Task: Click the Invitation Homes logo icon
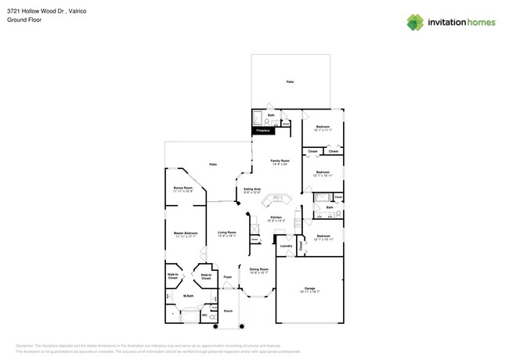click(415, 22)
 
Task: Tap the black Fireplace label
click(263, 131)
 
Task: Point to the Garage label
click(309, 289)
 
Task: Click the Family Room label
click(280, 160)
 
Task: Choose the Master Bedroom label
click(185, 233)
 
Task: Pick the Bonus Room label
click(182, 188)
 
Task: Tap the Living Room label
click(227, 232)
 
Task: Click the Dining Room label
click(258, 270)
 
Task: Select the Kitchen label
click(276, 218)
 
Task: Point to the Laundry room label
click(286, 246)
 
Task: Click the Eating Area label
click(252, 189)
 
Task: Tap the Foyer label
click(228, 277)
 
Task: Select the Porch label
click(228, 311)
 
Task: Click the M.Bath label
click(189, 296)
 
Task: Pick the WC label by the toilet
click(205, 315)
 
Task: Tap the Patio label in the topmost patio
click(290, 81)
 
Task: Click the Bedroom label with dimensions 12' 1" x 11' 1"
click(323, 127)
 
